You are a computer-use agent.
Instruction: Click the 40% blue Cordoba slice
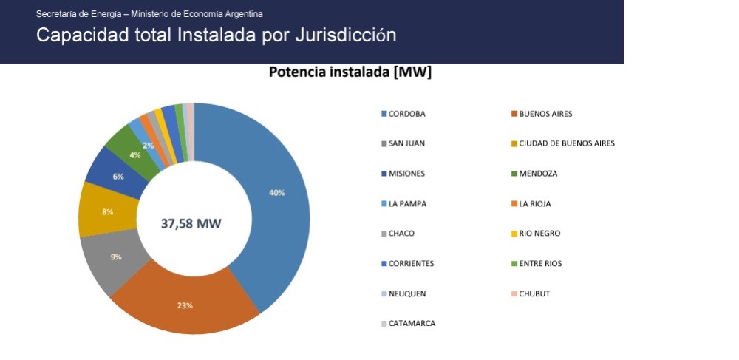click(x=278, y=198)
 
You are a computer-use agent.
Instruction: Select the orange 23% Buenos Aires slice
click(x=185, y=302)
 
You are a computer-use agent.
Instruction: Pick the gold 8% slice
click(x=107, y=211)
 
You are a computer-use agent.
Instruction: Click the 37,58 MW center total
click(x=191, y=223)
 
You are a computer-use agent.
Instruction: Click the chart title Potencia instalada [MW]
click(x=350, y=72)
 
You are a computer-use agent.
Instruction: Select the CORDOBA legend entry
click(x=403, y=114)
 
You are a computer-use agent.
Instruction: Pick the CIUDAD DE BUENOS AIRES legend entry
click(x=564, y=143)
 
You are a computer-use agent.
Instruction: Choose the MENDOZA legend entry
click(x=535, y=174)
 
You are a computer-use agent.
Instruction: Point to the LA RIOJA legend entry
click(x=531, y=204)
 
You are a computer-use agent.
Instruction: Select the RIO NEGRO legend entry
click(x=537, y=234)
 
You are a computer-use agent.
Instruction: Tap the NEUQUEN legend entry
click(x=404, y=294)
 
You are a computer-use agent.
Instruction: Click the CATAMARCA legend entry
click(x=409, y=324)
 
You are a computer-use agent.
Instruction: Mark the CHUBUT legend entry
click(x=531, y=294)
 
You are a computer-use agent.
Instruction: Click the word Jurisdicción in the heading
click(x=345, y=35)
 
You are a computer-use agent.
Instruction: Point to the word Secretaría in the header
click(x=56, y=14)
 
